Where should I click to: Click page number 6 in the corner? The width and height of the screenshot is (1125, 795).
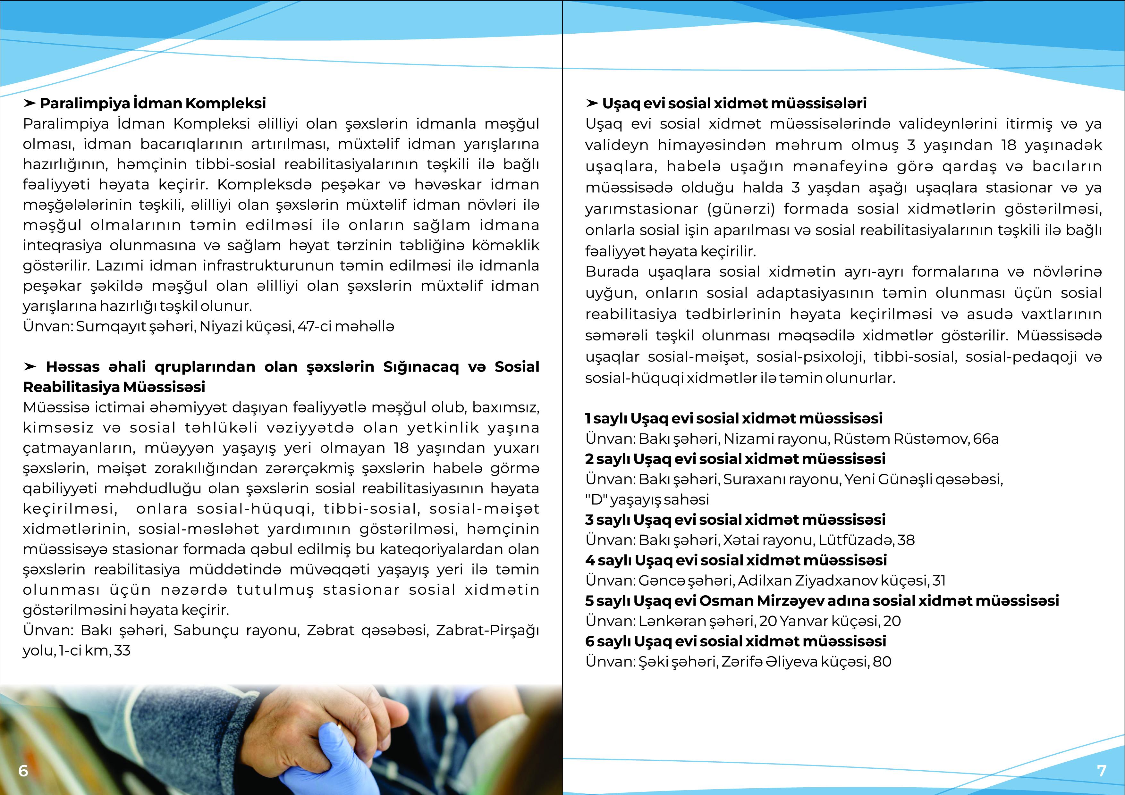coord(23,771)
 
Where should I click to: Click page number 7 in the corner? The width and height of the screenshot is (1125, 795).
coord(1102,771)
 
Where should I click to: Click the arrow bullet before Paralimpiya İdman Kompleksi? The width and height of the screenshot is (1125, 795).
coord(30,103)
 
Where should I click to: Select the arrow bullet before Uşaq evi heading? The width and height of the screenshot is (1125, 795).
coord(592,103)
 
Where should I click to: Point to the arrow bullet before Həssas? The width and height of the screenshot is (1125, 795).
coord(30,366)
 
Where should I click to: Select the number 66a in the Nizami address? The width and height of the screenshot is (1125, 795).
coord(985,439)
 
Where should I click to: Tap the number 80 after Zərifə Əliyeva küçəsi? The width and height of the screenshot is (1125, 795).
coord(882,662)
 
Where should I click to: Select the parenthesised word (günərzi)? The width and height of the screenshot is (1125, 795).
coord(741,209)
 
